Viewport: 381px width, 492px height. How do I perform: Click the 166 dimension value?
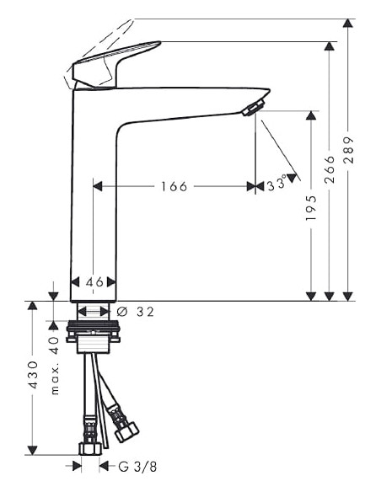click(174, 186)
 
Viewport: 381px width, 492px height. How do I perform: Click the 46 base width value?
click(94, 282)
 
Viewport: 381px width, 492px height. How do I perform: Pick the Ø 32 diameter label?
click(137, 312)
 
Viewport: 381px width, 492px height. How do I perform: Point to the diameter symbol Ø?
click(122, 312)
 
